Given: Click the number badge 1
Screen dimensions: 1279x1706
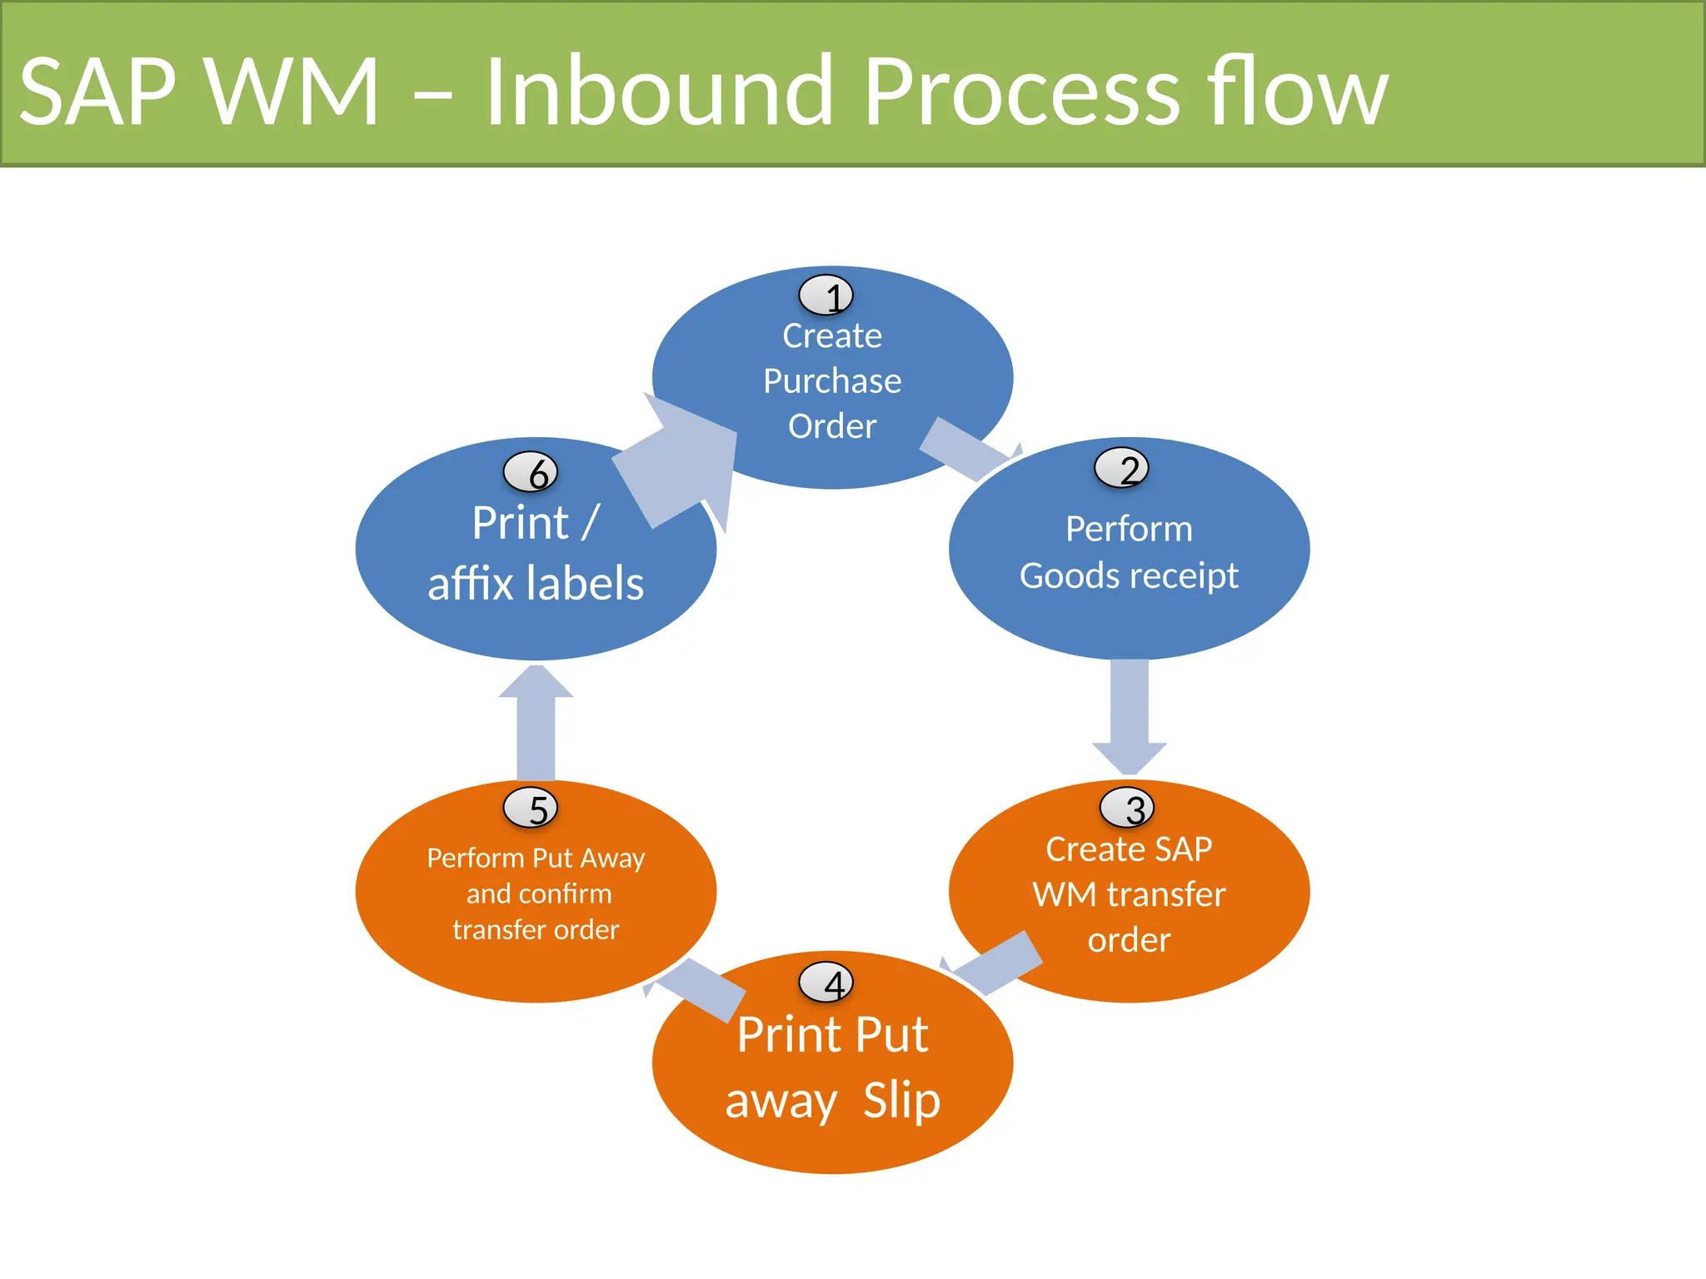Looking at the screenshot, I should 826,296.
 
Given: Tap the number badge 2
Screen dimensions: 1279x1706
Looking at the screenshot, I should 1121,468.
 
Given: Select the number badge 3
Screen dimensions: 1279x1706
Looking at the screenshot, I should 1126,808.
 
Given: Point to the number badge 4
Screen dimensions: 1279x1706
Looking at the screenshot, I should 826,983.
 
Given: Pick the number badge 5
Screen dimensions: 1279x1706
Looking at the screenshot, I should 530,808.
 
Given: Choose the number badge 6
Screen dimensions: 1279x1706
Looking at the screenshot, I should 530,473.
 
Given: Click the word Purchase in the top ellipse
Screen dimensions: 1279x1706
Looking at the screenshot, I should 832,381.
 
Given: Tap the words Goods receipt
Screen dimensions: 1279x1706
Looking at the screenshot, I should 1129,575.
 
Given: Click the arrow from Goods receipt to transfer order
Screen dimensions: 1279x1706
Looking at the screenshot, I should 1130,716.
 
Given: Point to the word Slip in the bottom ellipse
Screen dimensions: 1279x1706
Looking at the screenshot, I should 901,1100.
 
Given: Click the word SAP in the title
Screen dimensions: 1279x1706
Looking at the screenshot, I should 98,92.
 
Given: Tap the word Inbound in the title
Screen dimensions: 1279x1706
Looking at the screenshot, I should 658,92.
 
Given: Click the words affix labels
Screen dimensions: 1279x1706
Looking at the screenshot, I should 536,583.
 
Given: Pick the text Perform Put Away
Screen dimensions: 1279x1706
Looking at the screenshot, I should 536,858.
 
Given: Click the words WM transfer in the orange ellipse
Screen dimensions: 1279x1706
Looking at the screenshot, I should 1129,895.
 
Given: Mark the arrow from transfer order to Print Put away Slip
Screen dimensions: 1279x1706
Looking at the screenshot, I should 995,964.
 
